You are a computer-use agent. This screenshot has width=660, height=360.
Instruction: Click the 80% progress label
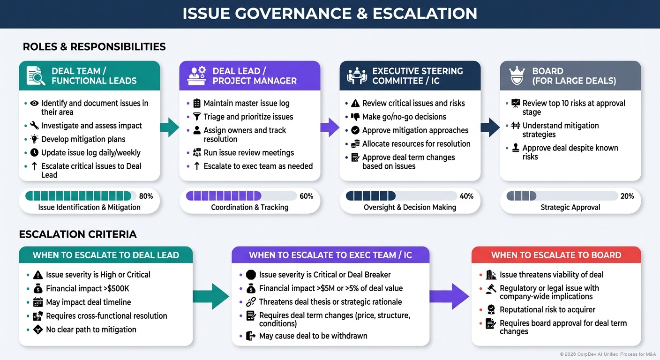point(146,196)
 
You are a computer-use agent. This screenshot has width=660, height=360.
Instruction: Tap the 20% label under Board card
point(627,196)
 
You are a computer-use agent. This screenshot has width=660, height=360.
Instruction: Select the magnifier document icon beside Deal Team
point(36,75)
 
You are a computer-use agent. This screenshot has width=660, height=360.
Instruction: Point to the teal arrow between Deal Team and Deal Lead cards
point(169,127)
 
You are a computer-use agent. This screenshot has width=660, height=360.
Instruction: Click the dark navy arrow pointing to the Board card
point(490,127)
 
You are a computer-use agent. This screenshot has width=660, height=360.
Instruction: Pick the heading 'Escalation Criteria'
point(78,234)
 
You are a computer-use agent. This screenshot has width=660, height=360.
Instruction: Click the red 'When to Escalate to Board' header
point(556,255)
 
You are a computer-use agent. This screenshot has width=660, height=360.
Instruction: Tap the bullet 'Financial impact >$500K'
point(88,288)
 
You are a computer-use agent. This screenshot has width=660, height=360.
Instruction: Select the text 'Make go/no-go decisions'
point(404,117)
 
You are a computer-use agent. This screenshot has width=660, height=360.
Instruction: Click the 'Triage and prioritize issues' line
point(248,117)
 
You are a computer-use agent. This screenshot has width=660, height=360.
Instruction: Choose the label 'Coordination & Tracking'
point(249,207)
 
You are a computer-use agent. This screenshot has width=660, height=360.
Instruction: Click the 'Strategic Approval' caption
point(570,207)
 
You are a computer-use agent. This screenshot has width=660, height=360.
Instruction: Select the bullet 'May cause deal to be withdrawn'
point(313,336)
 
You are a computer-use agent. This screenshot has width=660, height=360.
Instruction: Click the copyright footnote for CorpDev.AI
point(608,354)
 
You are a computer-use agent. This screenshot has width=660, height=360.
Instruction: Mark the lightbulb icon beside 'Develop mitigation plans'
point(34,139)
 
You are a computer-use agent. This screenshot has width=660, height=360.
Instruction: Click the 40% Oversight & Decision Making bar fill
point(370,196)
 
